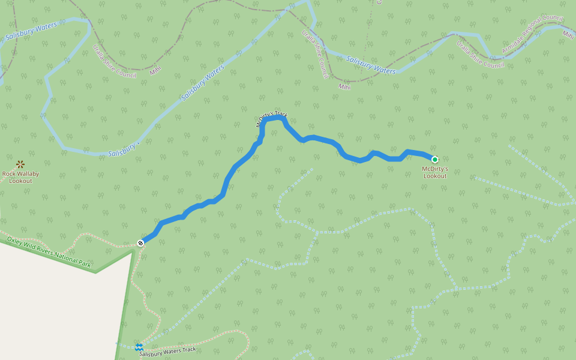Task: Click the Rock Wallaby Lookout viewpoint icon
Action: click(20, 164)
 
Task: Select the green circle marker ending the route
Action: click(434, 159)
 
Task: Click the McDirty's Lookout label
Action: click(435, 173)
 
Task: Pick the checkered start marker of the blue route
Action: click(140, 242)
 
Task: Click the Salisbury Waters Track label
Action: click(167, 352)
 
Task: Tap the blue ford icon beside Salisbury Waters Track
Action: click(139, 347)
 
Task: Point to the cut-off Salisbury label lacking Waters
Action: click(122, 150)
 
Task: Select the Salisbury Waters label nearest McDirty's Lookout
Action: click(371, 65)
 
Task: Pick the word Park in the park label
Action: click(83, 264)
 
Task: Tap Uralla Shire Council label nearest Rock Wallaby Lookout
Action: click(114, 61)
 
